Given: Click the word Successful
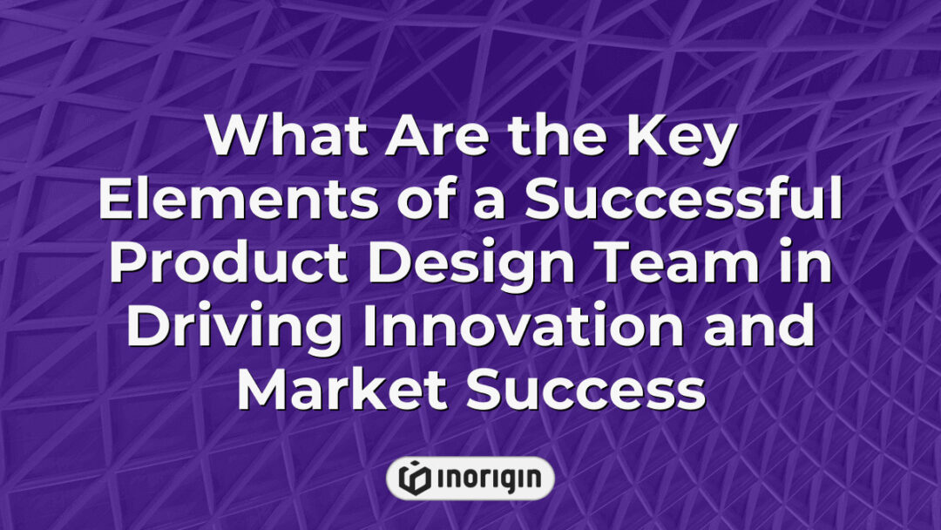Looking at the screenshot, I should coord(687,202).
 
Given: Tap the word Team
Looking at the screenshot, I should coord(672,264).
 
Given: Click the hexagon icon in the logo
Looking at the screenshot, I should coord(414,478).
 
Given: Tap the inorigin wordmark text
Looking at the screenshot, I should coord(488,478).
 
